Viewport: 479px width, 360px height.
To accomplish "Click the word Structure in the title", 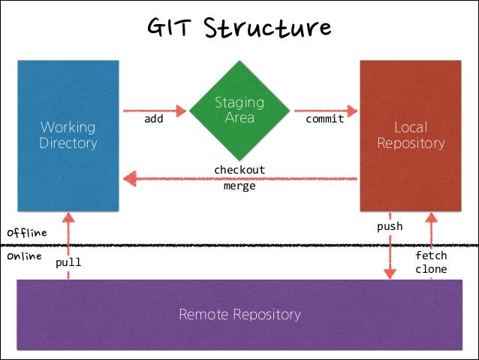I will point(267,28).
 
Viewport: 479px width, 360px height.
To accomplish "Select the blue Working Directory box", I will point(68,135).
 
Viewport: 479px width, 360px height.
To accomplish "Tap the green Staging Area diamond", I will point(239,110).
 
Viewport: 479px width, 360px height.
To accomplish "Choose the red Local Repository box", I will point(410,135).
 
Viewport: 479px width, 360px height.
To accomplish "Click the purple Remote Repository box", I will point(239,314).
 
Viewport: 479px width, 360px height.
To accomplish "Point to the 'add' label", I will point(155,119).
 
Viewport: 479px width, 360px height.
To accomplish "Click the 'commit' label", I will point(325,119).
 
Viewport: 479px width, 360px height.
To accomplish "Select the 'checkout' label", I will point(239,170).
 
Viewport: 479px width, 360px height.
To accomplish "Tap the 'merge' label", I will point(239,186).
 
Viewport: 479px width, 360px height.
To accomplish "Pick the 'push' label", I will point(390,226).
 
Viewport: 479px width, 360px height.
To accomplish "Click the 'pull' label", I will point(68,264).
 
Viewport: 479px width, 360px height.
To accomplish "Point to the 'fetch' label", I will point(431,256).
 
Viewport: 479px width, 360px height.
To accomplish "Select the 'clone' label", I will point(431,269).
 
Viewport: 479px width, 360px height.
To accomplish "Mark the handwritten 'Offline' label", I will point(27,233).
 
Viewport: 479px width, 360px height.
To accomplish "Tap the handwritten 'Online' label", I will point(24,256).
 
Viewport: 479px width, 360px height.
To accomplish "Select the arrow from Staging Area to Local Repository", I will point(324,110).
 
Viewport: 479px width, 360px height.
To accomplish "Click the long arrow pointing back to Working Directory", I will point(240,179).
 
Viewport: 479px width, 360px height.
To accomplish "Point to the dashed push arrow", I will point(390,256).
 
